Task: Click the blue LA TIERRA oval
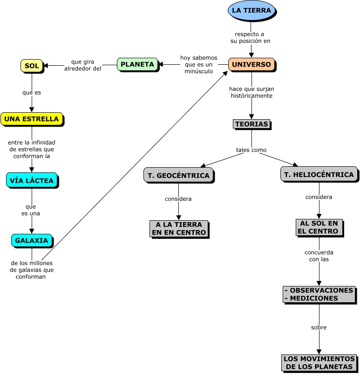251,11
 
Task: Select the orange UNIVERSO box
251,64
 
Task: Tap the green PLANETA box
137,64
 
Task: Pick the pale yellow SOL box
32,66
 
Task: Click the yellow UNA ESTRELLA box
32,119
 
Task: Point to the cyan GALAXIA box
32,240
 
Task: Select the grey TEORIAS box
251,124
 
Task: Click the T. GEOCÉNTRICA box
178,175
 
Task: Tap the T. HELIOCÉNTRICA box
319,174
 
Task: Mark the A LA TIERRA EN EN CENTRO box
178,228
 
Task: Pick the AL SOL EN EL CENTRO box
319,227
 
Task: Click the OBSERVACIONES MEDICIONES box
319,294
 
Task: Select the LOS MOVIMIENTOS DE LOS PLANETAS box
319,363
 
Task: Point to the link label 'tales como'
251,150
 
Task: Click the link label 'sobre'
319,327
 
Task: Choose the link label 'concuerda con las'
319,256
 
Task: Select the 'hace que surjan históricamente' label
251,92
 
